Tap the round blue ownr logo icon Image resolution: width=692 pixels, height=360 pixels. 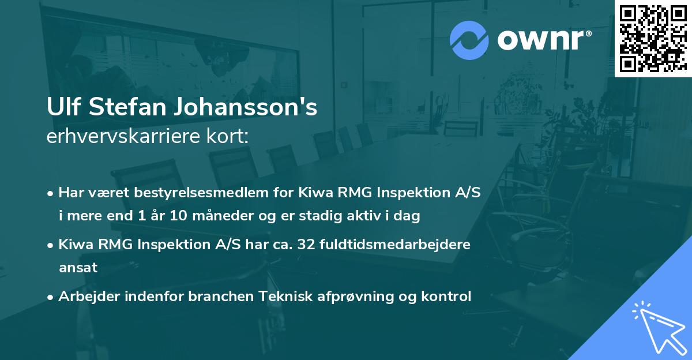469,40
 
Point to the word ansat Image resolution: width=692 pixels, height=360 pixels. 78,267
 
